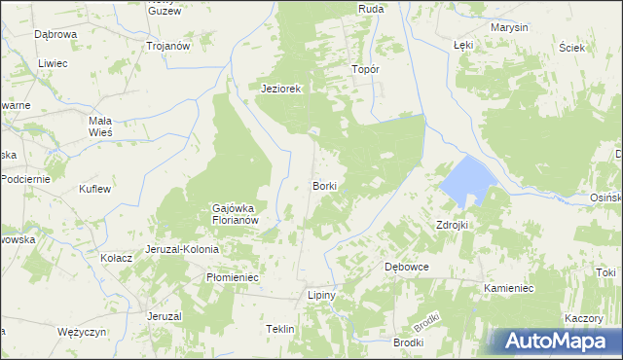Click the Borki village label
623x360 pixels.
tap(325, 185)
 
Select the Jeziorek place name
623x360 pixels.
tap(282, 89)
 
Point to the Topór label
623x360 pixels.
tap(365, 70)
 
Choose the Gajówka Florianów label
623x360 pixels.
tap(235, 214)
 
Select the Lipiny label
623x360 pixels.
tap(321, 294)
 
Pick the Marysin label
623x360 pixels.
tap(510, 27)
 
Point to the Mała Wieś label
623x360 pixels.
tap(95, 124)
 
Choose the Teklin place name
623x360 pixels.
tap(280, 330)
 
